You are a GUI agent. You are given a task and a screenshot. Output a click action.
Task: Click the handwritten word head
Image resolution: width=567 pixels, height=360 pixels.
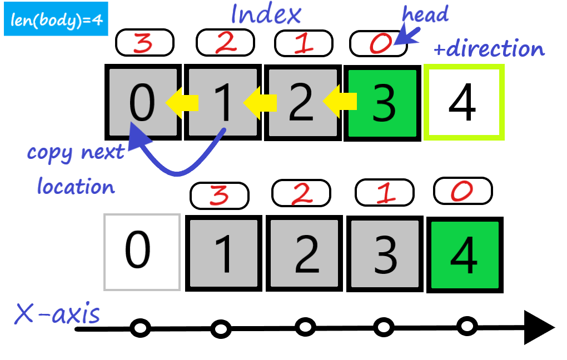[x=425, y=15]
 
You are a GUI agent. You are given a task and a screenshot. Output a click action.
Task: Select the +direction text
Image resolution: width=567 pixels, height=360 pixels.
[x=489, y=49]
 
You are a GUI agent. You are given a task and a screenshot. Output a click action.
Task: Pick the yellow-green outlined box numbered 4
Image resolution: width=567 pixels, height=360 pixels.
[x=463, y=102]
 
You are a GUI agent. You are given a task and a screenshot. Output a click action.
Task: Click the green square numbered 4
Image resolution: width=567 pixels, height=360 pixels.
[x=464, y=255]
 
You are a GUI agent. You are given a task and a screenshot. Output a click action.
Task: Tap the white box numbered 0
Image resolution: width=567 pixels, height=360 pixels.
[x=142, y=252]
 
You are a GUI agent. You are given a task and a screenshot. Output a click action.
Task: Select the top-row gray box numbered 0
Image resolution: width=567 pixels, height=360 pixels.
[x=143, y=102]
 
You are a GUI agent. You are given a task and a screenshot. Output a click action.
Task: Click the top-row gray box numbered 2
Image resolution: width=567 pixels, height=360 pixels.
[x=301, y=102]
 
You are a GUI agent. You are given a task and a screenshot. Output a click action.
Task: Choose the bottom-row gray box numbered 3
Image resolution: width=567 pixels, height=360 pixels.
[x=383, y=254]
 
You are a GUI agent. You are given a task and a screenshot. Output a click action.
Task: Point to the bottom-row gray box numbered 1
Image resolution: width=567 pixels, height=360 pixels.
[x=223, y=254]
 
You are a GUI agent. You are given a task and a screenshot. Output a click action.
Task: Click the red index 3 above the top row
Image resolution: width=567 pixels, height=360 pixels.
[x=145, y=43]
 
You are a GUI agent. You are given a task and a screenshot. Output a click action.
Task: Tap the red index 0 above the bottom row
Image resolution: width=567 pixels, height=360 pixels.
[x=462, y=191]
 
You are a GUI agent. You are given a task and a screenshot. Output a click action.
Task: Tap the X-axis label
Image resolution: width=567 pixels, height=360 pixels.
[x=57, y=314]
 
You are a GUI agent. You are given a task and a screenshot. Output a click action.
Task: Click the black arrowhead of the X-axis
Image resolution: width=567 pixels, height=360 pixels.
[x=538, y=328]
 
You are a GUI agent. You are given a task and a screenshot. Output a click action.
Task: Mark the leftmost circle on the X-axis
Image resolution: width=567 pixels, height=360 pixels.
[x=140, y=328]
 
